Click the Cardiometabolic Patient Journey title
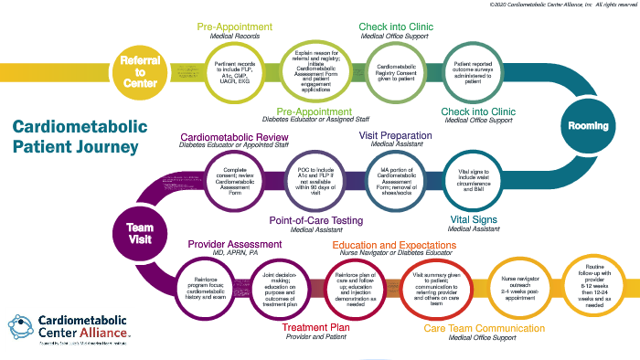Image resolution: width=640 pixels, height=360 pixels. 76,137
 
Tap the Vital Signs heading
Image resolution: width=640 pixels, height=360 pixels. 478,219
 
